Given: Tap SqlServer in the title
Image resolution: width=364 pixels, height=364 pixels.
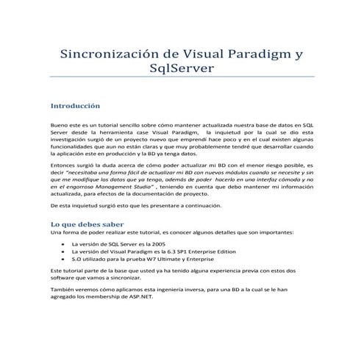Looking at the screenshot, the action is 181,68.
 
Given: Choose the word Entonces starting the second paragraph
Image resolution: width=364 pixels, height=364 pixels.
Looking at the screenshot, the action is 62,167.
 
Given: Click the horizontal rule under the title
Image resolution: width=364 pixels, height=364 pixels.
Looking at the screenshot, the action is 182,76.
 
